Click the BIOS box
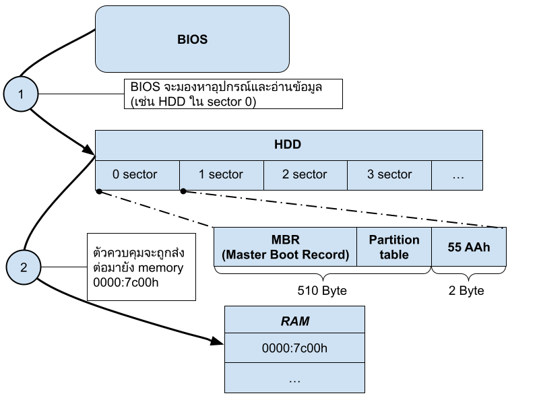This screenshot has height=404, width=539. [192, 39]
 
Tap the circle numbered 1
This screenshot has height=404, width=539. [20, 94]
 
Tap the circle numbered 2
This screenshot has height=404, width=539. [24, 267]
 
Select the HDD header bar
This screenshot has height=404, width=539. [288, 145]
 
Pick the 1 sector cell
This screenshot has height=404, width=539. [221, 175]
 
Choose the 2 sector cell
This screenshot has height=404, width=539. [305, 175]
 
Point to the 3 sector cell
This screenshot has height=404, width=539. [389, 175]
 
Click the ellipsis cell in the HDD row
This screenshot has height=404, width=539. [457, 175]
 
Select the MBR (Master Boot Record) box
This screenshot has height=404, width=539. [285, 247]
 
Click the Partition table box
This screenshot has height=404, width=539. [394, 247]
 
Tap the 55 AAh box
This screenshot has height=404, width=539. [468, 247]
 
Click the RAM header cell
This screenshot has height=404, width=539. [294, 321]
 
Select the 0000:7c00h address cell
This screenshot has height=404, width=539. [294, 349]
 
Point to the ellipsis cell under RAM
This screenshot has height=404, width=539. [294, 378]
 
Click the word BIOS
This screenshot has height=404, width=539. [192, 40]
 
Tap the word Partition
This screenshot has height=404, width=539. [394, 240]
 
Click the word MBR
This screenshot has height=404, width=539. [285, 240]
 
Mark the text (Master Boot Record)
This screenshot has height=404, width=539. [285, 255]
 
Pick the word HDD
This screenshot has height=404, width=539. [288, 145]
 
